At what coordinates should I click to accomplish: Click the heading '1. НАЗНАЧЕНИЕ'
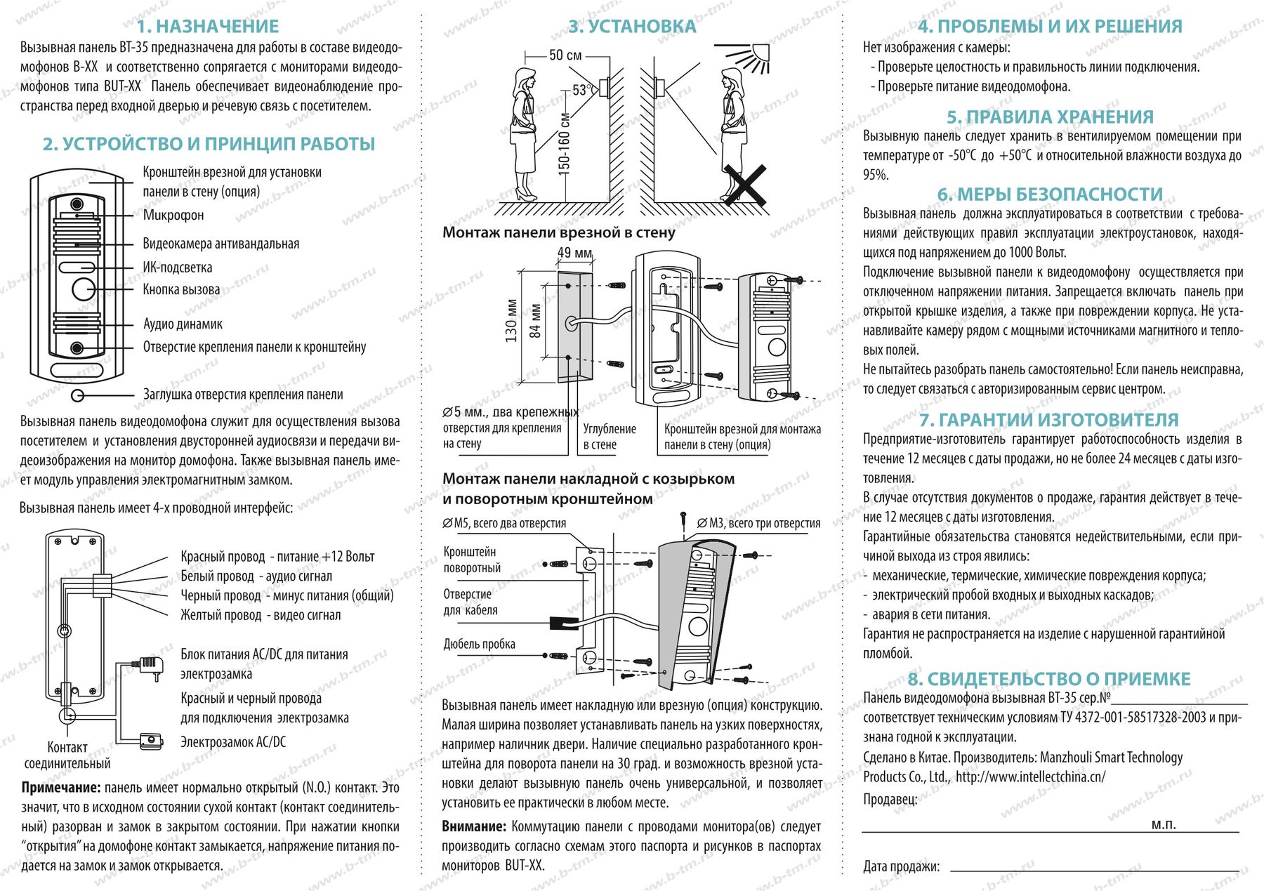(208, 27)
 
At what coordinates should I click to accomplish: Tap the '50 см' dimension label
(565, 55)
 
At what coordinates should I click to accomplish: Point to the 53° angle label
(581, 90)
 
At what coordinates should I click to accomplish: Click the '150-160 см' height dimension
(564, 144)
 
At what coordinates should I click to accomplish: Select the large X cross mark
(744, 185)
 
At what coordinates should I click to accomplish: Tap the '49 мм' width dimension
(574, 253)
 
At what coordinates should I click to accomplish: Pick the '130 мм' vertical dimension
(511, 321)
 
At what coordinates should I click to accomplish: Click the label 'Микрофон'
(173, 215)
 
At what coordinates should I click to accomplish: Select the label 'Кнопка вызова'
(181, 289)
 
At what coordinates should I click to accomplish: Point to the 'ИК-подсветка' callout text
(177, 267)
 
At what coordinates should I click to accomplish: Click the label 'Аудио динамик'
(183, 324)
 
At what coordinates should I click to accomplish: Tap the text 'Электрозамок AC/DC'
(233, 741)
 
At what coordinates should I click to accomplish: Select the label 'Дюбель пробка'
(479, 644)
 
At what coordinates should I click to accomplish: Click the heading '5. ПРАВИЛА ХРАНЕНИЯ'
(1050, 117)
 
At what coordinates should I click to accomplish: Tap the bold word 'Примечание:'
(60, 788)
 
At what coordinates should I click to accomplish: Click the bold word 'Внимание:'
(474, 826)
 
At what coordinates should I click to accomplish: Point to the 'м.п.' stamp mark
(1164, 824)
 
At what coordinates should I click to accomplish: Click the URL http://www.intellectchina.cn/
(1030, 777)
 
